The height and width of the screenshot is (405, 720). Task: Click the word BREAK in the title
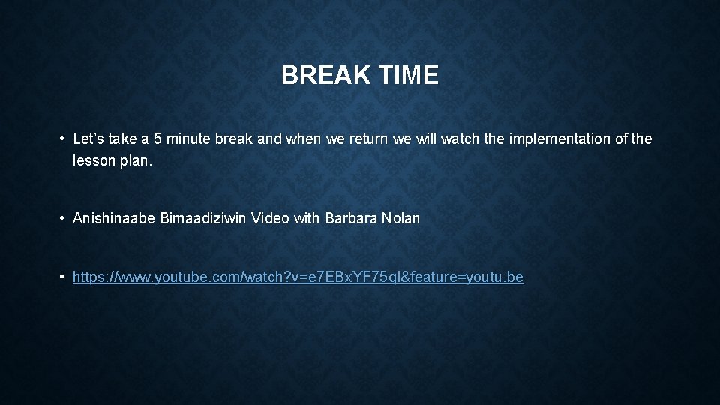pos(319,75)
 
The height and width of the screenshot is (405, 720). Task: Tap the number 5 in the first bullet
pos(157,139)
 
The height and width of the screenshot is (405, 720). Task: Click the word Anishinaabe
pos(115,219)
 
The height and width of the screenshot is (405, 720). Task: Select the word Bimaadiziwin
pos(204,219)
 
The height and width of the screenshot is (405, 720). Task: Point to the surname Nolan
pos(402,219)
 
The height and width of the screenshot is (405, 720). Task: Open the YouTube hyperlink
pos(298,278)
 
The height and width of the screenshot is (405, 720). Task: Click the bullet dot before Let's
pos(61,140)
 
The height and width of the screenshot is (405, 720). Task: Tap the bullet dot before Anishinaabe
pos(61,220)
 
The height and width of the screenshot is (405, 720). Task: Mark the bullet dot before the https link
pos(61,278)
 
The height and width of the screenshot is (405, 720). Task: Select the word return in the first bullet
pos(369,139)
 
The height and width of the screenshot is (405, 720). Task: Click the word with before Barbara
pos(307,219)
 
